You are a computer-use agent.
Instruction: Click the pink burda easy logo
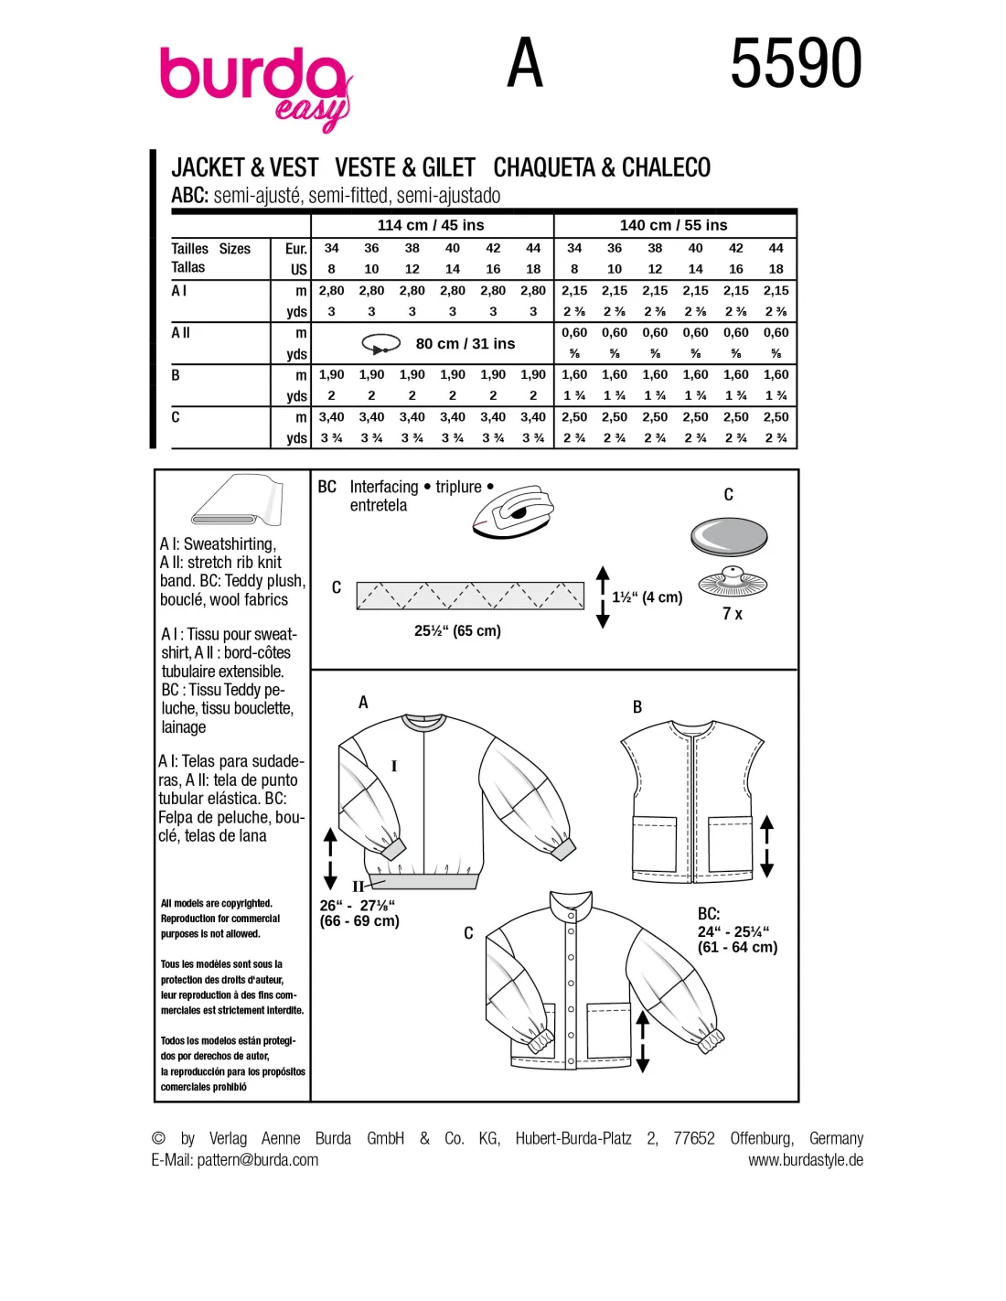click(x=254, y=90)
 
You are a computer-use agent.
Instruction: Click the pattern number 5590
click(x=796, y=63)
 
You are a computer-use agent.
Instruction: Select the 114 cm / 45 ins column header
click(x=430, y=225)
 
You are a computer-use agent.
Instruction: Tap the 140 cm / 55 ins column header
click(x=673, y=225)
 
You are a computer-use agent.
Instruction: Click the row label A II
click(x=180, y=332)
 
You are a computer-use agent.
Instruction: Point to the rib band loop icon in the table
click(x=381, y=344)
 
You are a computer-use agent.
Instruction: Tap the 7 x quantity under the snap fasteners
click(x=732, y=614)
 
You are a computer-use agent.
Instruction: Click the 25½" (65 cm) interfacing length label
click(x=457, y=630)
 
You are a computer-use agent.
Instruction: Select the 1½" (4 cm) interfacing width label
click(x=647, y=597)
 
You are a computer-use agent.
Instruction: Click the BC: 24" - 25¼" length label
click(x=737, y=930)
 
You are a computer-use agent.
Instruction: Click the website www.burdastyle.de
click(x=806, y=1160)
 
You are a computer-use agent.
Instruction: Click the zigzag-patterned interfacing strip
click(x=470, y=595)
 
